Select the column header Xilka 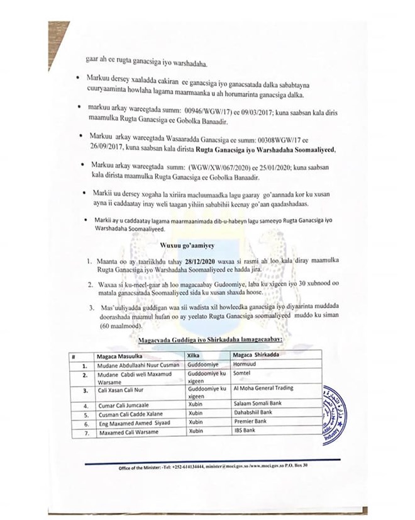(x=194, y=355)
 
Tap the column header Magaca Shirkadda (x=258, y=355)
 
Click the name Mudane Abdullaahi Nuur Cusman (x=134, y=363)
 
